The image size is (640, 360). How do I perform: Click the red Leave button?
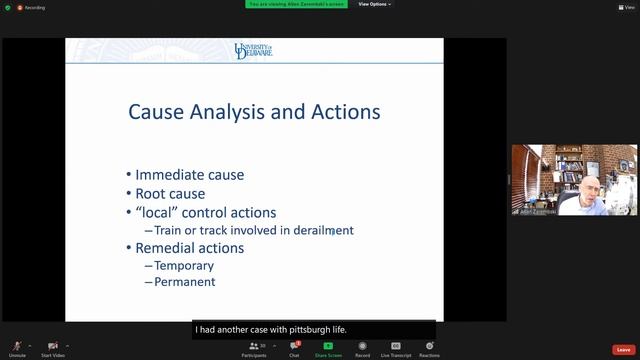tap(623, 349)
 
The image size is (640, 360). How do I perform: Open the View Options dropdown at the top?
tap(374, 4)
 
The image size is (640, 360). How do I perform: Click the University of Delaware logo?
tap(254, 50)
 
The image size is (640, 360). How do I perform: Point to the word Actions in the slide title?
tap(342, 112)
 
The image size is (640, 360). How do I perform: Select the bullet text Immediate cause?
tap(189, 175)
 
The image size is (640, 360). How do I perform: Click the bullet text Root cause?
tap(170, 193)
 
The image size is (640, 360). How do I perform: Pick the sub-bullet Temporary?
tap(184, 266)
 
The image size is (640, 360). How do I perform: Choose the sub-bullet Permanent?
tap(185, 283)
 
